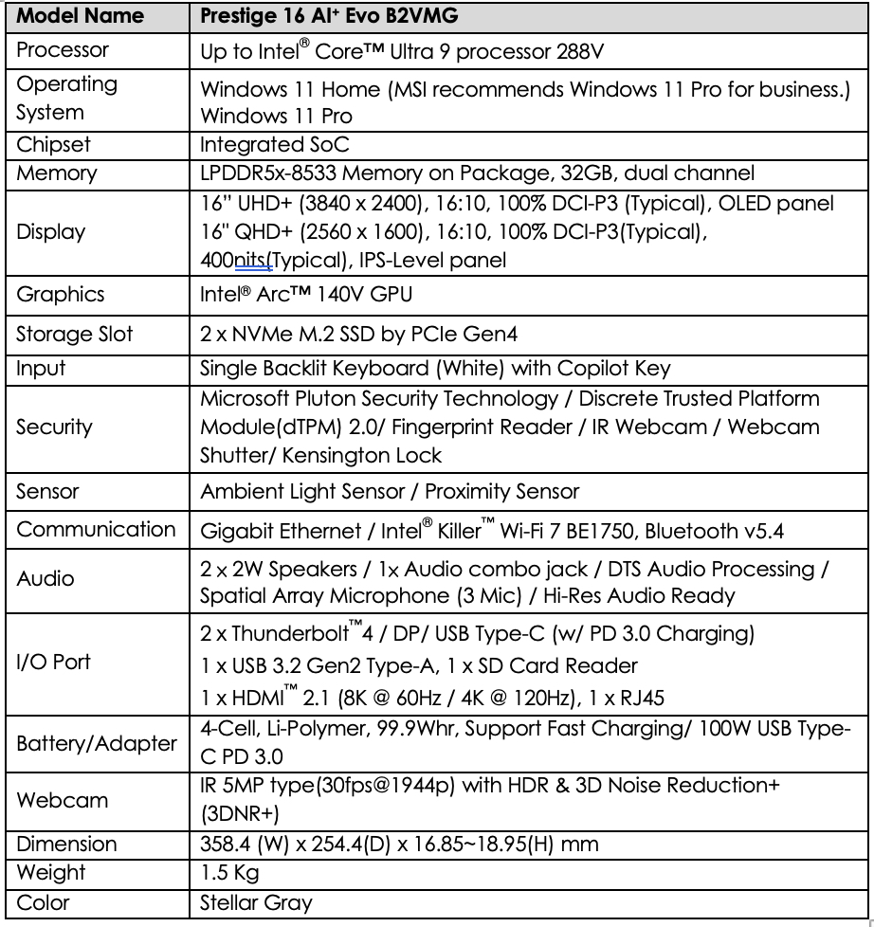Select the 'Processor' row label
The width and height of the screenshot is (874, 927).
(x=63, y=49)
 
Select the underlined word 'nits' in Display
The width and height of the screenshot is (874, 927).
(x=247, y=259)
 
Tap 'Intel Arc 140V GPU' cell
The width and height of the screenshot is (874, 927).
(x=306, y=295)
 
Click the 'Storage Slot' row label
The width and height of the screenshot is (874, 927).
(x=75, y=334)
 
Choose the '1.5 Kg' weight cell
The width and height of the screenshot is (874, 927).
(x=230, y=872)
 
